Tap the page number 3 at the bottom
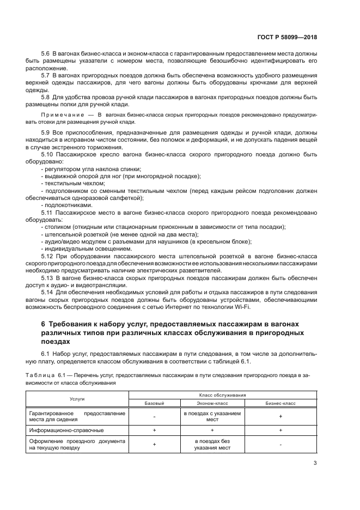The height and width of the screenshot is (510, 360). coord(315,463)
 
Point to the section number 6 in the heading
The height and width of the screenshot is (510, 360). coord(44,323)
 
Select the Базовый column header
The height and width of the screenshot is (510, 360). coord(154,403)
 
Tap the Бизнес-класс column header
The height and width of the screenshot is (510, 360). coord(280,403)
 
